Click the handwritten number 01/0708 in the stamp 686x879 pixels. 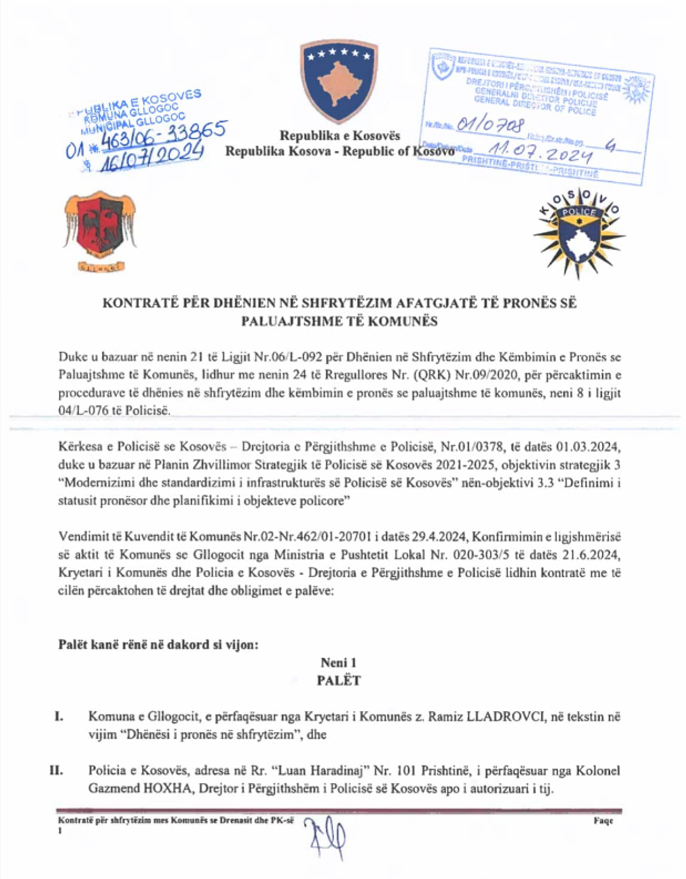tap(490, 125)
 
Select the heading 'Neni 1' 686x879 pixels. tap(339, 663)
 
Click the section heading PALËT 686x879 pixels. tap(339, 680)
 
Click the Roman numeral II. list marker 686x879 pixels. tap(56, 770)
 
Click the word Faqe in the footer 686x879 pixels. tap(603, 820)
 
